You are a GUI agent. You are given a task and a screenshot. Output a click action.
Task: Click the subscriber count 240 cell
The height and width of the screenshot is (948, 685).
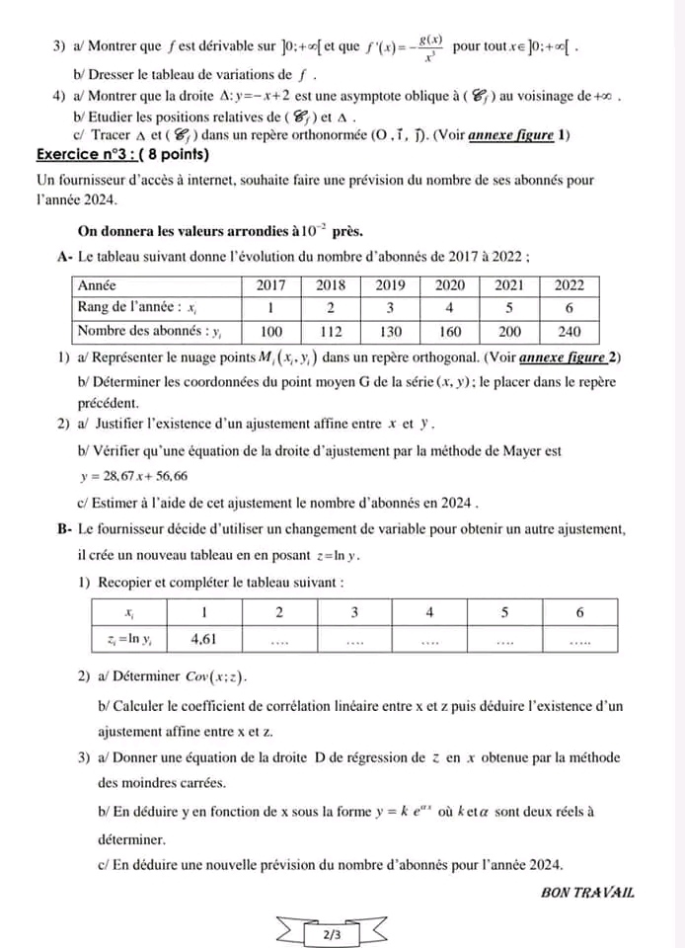(570, 331)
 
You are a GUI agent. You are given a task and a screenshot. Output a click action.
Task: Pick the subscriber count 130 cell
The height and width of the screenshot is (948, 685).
(392, 331)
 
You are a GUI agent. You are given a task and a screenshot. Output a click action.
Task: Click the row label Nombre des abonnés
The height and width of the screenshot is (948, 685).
(138, 331)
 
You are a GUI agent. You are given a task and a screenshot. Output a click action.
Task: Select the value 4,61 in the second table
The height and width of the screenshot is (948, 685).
(203, 639)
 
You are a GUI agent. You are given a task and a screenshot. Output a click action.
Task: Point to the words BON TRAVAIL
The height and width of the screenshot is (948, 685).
(588, 892)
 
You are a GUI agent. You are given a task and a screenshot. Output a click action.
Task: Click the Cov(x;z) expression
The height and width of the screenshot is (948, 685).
(216, 677)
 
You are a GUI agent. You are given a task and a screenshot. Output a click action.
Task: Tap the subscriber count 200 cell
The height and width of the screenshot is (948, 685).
(510, 331)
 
